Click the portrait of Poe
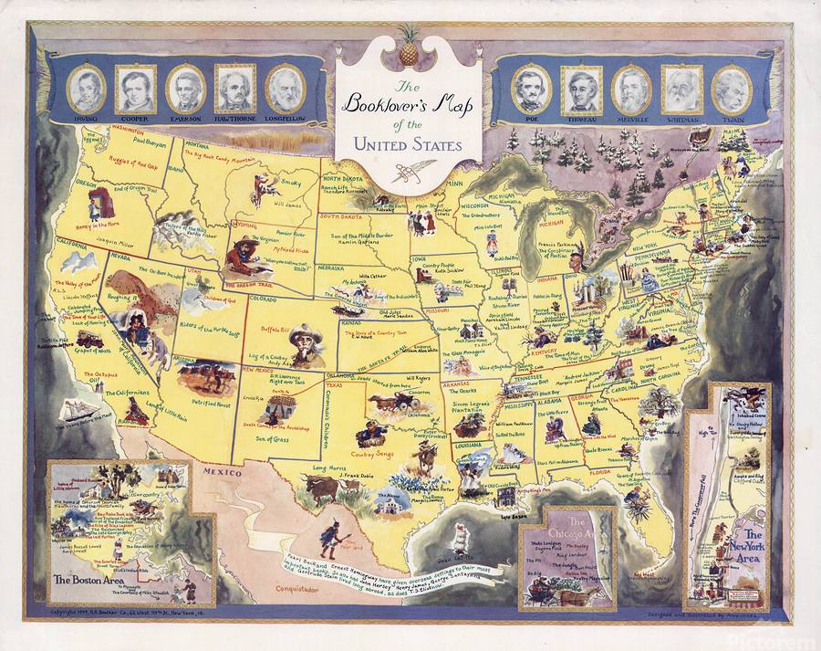pos(531,88)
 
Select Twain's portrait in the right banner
pos(732,88)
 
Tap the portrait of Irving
pos(86,88)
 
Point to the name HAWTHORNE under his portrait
pos(234,120)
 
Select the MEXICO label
pos(222,474)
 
